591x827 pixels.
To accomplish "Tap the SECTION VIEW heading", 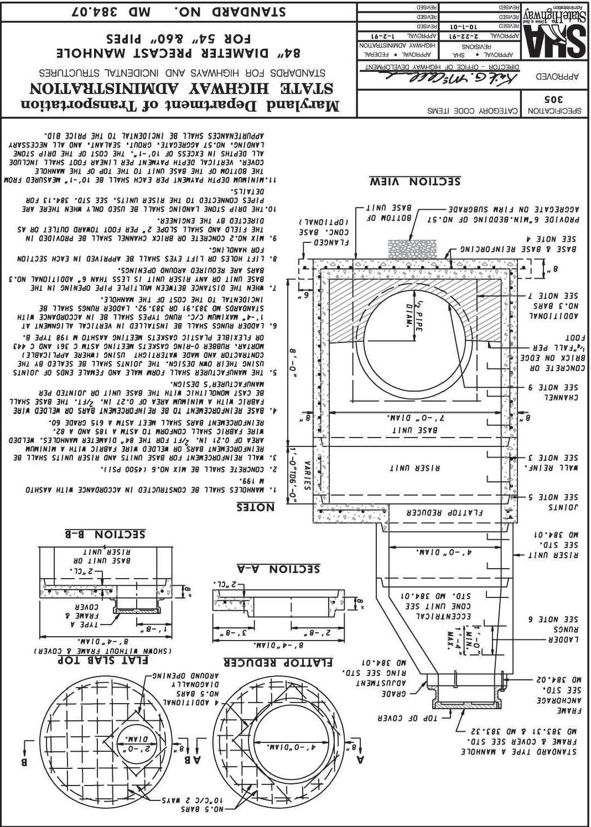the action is pyautogui.click(x=415, y=181).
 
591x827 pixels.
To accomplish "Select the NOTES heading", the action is pyautogui.click(x=255, y=507).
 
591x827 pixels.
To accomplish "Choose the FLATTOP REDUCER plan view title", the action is pyautogui.click(x=278, y=662).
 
